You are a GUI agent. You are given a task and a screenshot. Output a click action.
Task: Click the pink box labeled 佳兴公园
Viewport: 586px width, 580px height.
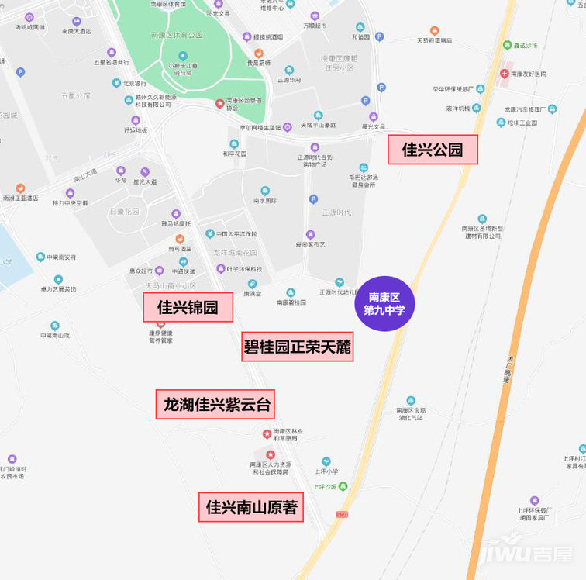433,150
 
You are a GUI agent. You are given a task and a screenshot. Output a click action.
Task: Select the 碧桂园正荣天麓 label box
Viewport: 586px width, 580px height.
298,347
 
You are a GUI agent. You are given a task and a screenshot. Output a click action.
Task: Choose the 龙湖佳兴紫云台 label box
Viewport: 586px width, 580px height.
215,404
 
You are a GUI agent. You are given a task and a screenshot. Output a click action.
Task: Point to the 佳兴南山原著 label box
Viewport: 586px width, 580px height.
251,508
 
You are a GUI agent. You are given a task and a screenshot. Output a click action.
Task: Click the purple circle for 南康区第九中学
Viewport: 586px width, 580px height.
384,303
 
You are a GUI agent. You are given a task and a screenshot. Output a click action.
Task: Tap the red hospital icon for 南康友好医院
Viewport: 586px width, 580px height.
505,74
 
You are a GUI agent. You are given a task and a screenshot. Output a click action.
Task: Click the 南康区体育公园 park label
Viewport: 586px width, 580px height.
177,35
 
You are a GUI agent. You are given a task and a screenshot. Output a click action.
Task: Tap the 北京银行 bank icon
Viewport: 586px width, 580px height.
115,84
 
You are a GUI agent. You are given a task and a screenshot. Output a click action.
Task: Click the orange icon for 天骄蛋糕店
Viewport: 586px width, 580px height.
423,30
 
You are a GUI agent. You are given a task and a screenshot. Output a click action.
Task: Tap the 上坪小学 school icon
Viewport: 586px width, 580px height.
326,461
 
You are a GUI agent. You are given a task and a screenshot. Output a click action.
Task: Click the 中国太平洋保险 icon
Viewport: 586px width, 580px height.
210,233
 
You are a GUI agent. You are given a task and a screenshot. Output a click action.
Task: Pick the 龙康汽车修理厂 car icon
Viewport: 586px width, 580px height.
551,109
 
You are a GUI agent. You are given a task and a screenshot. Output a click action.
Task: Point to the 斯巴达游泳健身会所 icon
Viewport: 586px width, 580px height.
363,167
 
